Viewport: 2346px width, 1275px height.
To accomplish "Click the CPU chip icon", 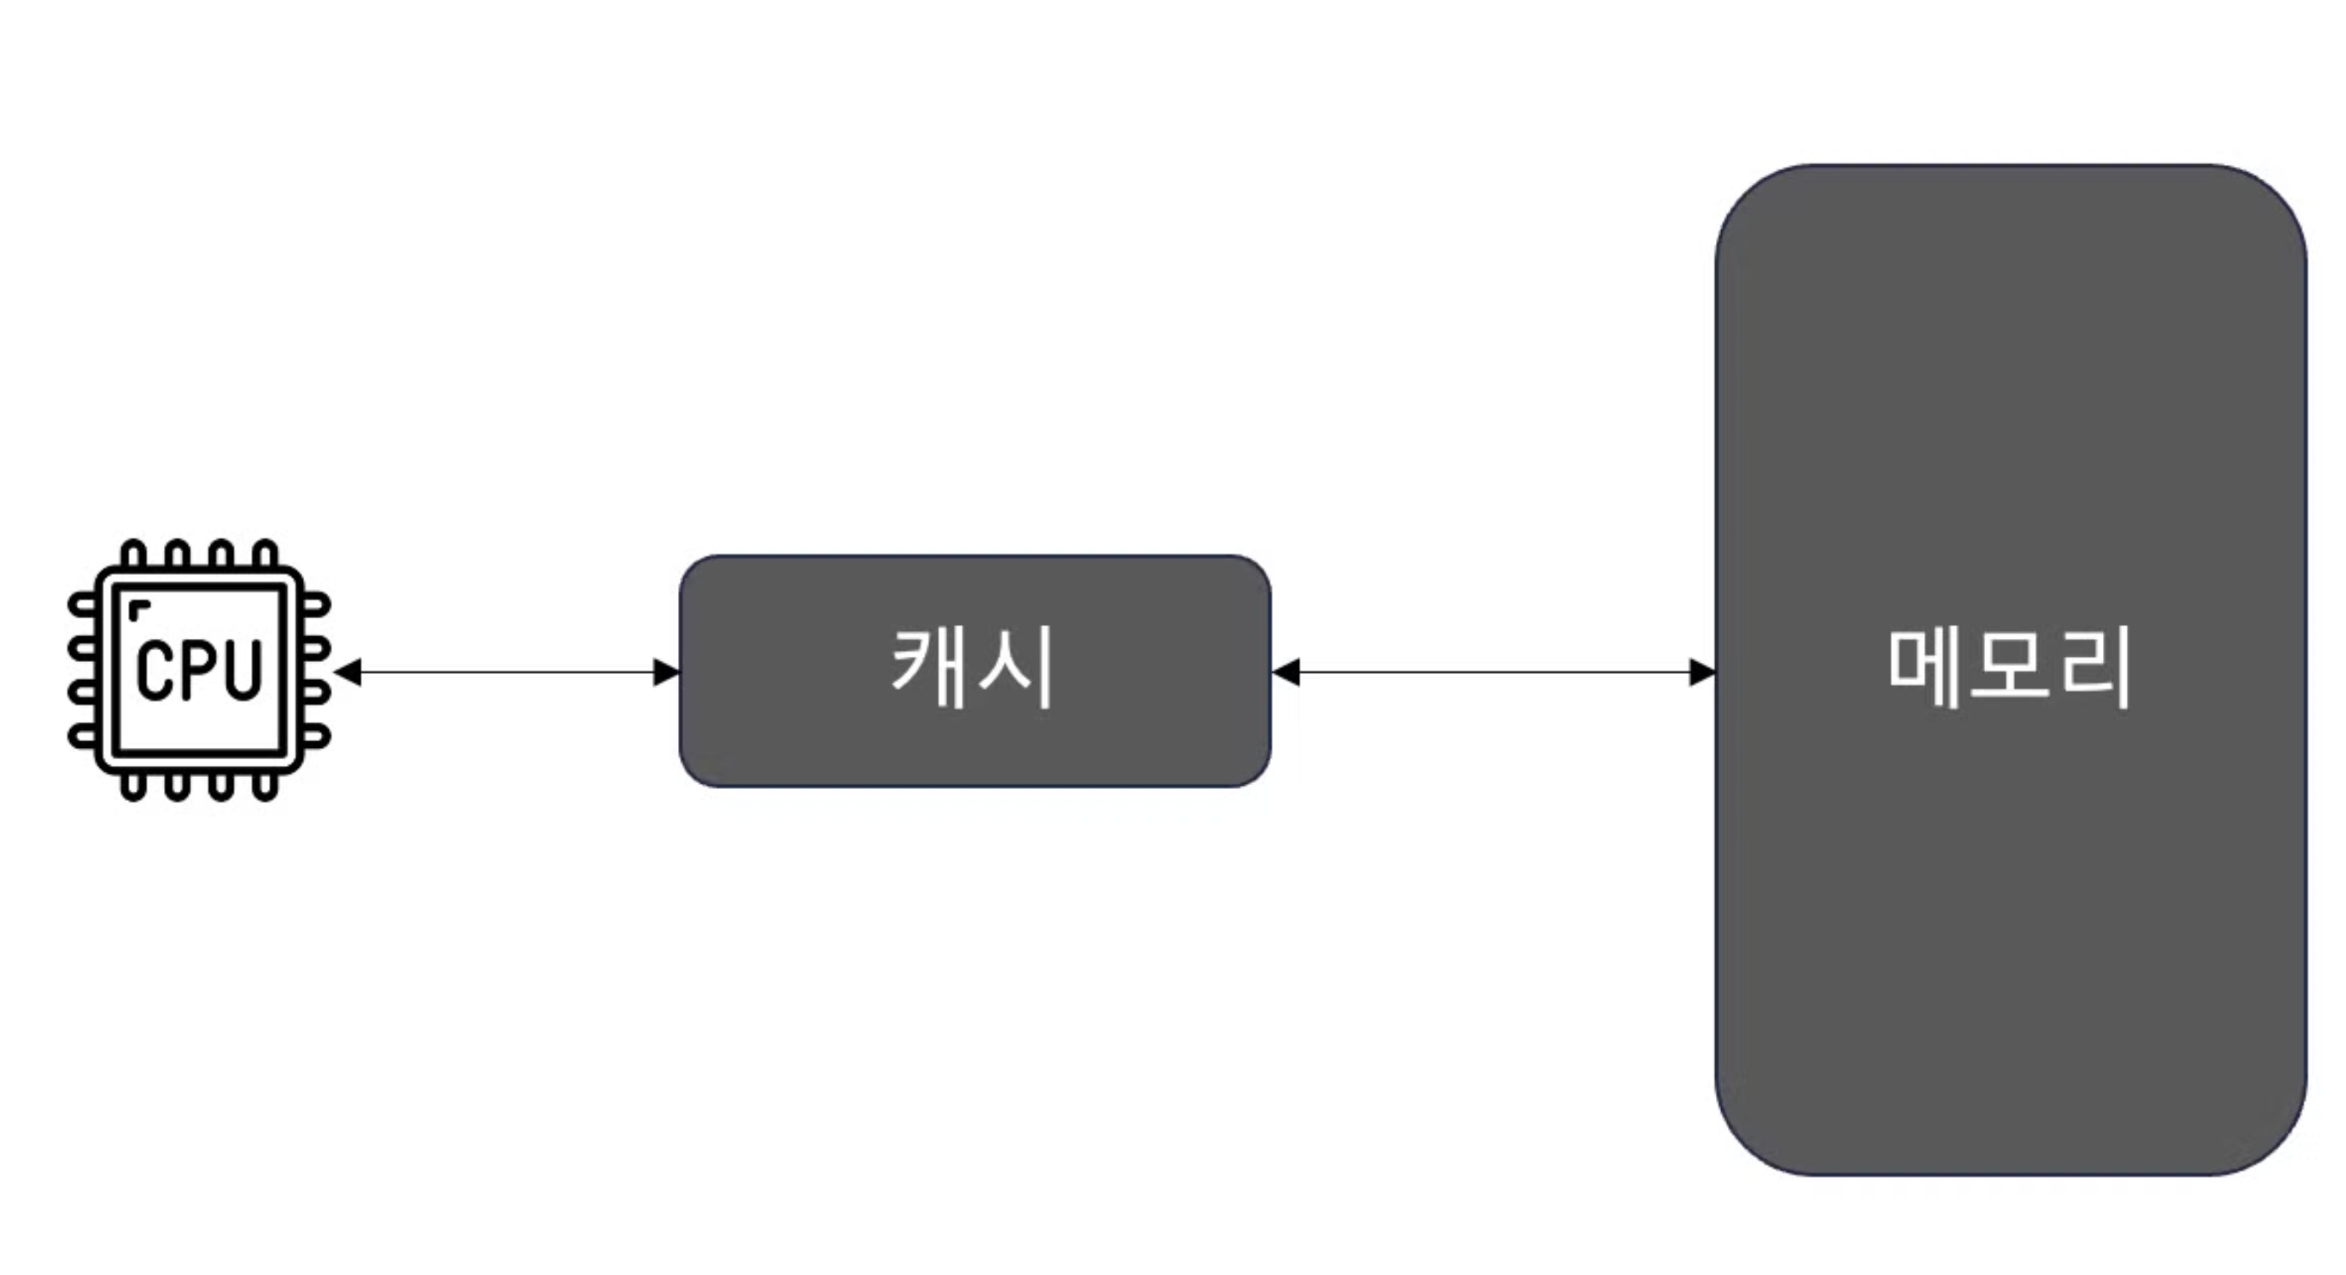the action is [x=198, y=670].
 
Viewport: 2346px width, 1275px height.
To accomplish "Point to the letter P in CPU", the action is [x=198, y=670].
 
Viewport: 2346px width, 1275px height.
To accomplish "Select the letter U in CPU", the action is [x=242, y=670].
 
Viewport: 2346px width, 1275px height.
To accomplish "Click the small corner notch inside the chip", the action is [x=137, y=608].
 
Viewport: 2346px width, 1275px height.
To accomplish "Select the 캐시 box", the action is [x=975, y=747].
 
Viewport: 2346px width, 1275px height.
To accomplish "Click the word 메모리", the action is [x=2009, y=667].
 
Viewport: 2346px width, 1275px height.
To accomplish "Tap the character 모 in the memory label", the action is [x=2009, y=667].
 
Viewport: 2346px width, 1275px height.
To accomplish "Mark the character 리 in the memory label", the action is [x=2095, y=667].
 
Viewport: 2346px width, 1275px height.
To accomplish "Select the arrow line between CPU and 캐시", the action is [x=506, y=673].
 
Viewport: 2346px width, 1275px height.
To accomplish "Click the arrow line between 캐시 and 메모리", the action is [x=1494, y=673].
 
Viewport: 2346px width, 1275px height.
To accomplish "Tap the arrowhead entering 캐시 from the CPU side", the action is [x=667, y=673].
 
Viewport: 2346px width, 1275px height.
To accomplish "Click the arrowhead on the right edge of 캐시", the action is [x=1285, y=673].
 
